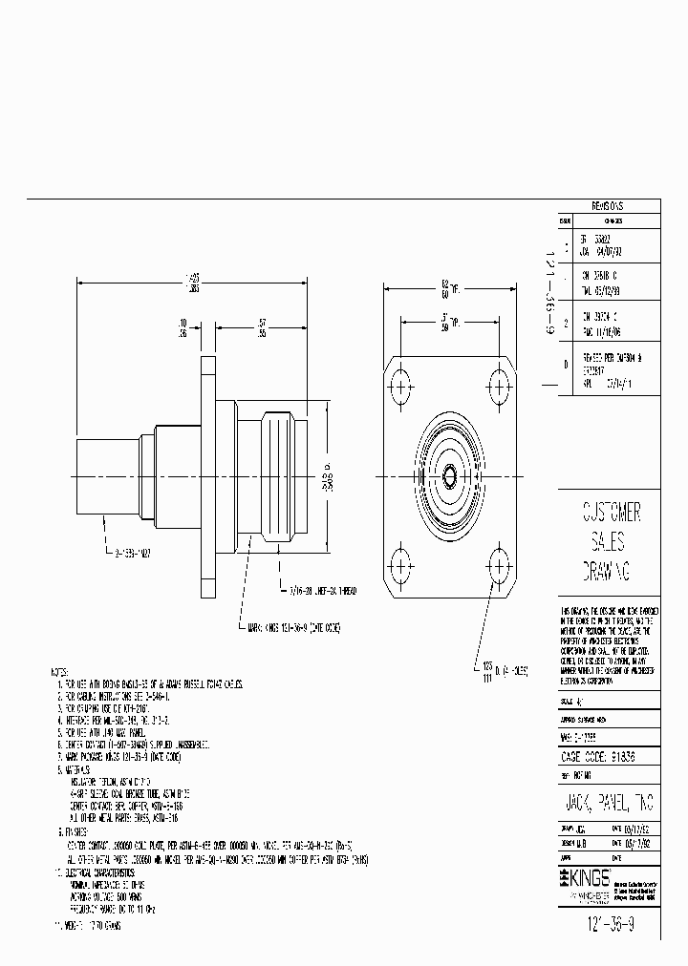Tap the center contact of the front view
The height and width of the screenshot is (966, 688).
449,474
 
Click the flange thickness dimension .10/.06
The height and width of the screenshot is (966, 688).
181,327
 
